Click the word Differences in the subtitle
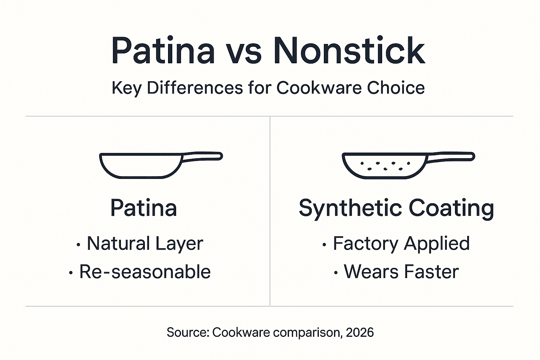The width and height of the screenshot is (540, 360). (195, 88)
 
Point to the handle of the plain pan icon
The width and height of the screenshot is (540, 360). (202, 157)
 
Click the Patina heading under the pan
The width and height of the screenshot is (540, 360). (143, 208)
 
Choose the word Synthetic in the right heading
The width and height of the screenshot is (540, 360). (350, 208)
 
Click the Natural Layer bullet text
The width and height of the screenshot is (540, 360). (145, 243)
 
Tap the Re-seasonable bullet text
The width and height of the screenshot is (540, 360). (145, 272)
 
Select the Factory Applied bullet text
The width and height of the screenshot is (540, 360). (401, 243)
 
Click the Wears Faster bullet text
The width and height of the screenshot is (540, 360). (401, 272)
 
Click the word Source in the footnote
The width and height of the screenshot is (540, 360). (187, 332)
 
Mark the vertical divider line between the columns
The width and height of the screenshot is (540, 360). (270, 211)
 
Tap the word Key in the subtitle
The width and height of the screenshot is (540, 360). (127, 88)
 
